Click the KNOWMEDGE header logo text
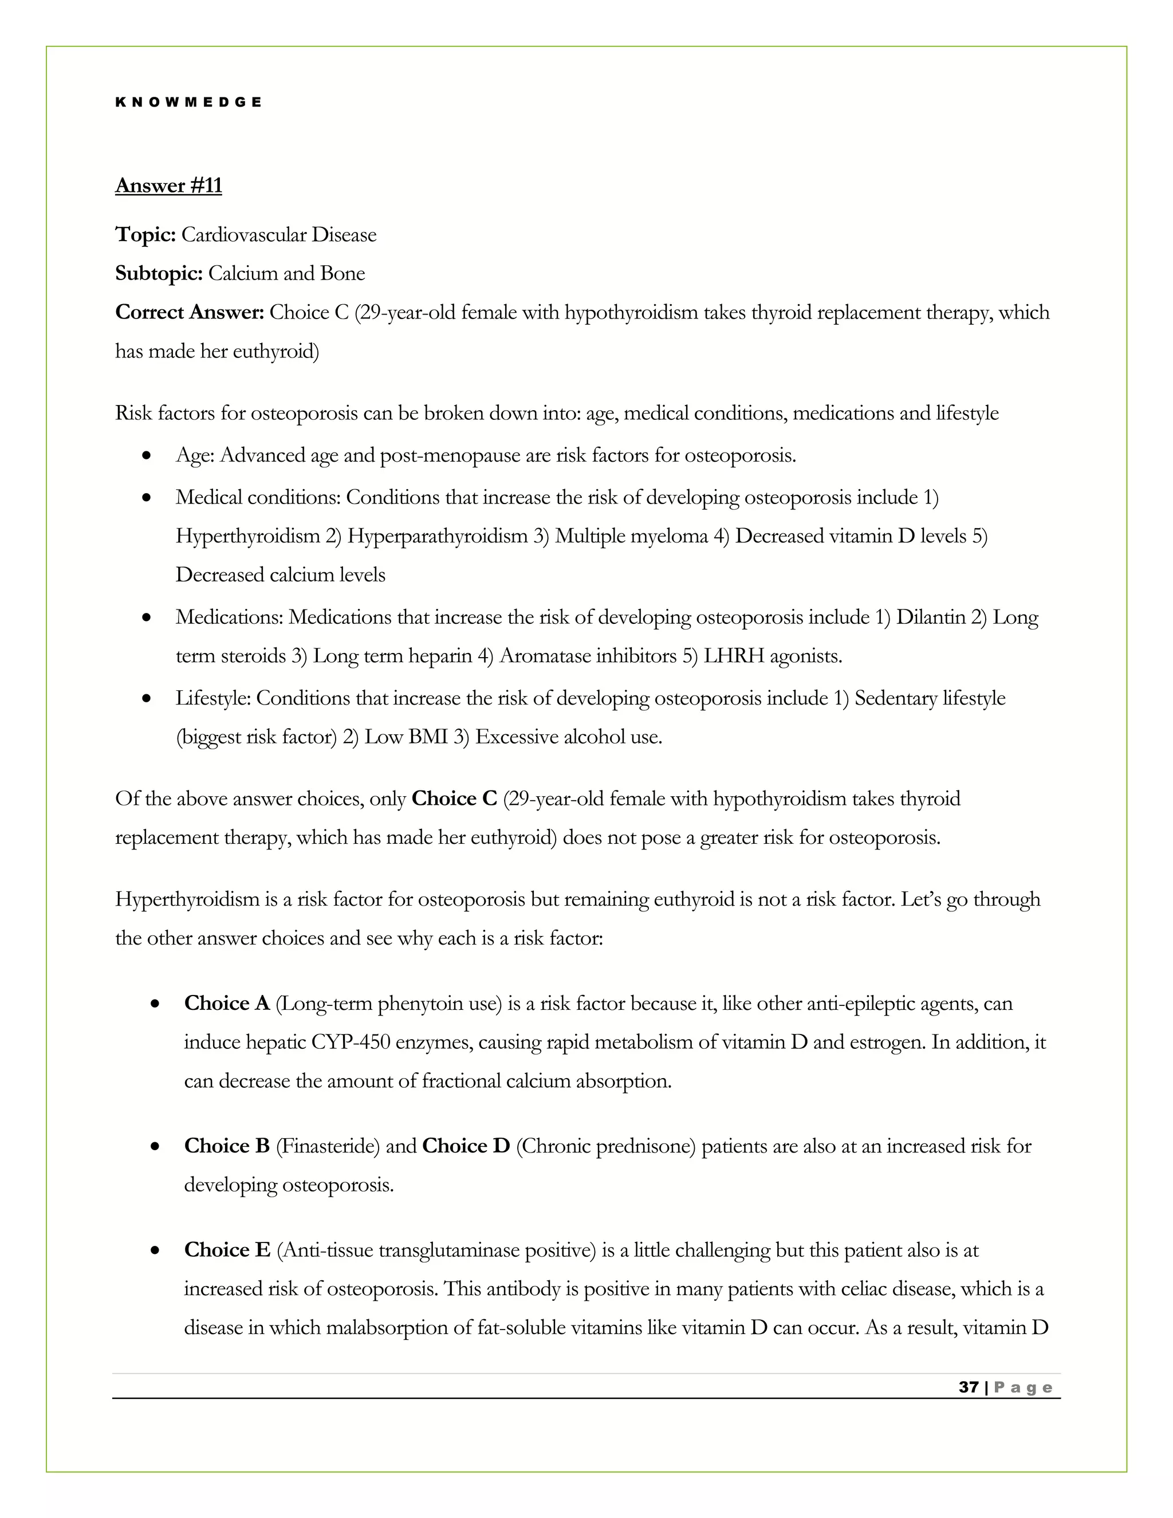pos(188,102)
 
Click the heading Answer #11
pos(168,186)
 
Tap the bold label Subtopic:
pos(159,274)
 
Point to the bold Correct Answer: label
pos(189,313)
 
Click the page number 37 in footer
pos(968,1387)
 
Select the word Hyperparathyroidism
pos(437,537)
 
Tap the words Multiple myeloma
pos(631,537)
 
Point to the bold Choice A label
pos(227,1004)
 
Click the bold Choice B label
pos(227,1146)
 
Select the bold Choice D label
pos(466,1146)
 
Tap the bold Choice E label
pos(227,1250)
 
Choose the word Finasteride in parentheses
pos(327,1146)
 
